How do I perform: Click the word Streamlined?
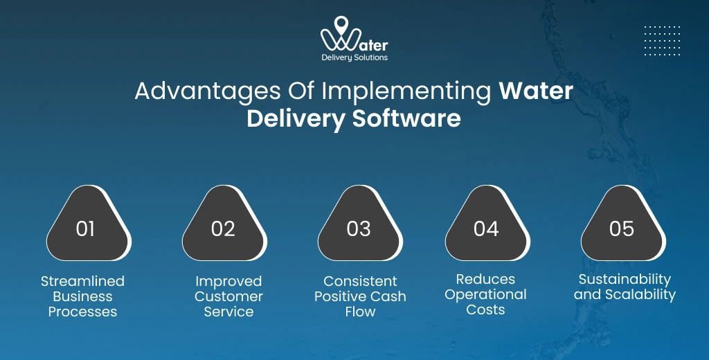point(82,281)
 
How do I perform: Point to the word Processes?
point(82,312)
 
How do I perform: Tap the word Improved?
point(228,281)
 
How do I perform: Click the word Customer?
point(228,296)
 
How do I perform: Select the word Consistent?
point(360,281)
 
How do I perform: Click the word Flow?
point(360,312)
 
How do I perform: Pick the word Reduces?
point(485,279)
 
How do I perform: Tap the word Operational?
point(485,294)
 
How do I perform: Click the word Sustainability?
point(625,279)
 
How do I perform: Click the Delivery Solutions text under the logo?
point(354,57)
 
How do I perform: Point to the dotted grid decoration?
point(662,41)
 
